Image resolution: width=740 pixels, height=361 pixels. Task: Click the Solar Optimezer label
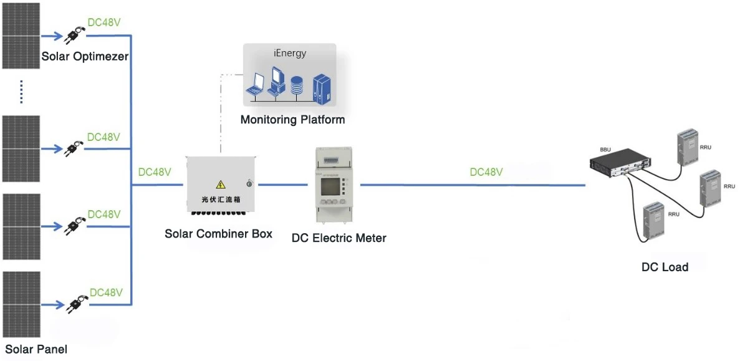[85, 57]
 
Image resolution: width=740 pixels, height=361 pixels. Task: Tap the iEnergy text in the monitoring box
[290, 53]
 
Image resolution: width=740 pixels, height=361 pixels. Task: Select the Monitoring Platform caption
[292, 120]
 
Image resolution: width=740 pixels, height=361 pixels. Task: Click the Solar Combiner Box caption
[218, 234]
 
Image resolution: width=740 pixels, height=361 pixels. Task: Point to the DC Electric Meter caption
[339, 238]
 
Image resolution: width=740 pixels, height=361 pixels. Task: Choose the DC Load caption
[665, 267]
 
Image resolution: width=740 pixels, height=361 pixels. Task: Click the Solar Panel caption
[36, 349]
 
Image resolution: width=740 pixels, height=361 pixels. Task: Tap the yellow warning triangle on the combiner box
[220, 185]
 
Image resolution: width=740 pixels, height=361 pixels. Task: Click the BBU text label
[605, 150]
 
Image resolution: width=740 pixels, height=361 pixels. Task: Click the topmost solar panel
[21, 34]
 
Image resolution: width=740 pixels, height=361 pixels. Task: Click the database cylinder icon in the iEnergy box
[296, 85]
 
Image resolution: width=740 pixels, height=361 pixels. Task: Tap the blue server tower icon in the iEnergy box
[322, 86]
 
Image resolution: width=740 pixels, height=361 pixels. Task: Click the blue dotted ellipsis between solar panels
[21, 92]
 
